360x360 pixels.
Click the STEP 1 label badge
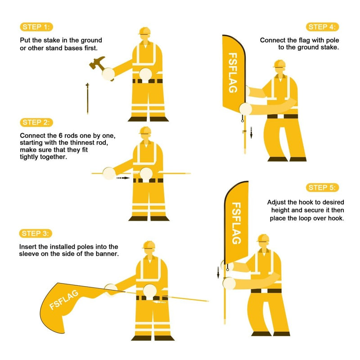click(x=36, y=27)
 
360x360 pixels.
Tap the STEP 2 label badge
click(x=36, y=122)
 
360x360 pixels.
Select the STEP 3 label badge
click(x=36, y=233)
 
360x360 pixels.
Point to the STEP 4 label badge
click(x=323, y=27)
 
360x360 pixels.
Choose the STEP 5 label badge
click(x=323, y=188)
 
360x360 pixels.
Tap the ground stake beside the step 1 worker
click(x=87, y=98)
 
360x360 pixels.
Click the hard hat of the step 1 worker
click(x=144, y=31)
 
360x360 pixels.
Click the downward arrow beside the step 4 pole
click(x=252, y=133)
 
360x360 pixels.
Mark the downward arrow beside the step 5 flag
click(x=218, y=272)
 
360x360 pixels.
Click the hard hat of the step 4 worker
click(x=279, y=64)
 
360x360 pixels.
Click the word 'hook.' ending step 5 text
click(x=335, y=218)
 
